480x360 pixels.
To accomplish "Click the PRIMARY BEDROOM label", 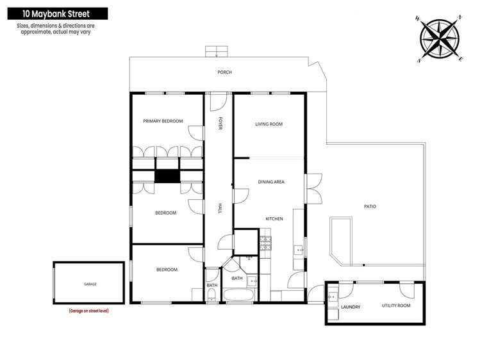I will coord(163,121).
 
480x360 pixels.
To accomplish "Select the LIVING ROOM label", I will coord(269,124).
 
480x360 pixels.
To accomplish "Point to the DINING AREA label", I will coord(271,182).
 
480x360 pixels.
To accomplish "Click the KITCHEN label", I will coord(274,219).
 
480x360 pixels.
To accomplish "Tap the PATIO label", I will coord(370,206).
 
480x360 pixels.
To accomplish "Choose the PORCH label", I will coord(224,72).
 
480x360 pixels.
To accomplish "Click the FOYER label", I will coord(220,124).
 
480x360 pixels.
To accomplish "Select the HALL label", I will coord(220,208).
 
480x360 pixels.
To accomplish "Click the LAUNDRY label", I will coord(351,307).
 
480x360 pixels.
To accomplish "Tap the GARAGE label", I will coord(90,284).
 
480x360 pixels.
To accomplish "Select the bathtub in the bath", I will coord(239,296).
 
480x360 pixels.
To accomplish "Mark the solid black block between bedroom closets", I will coord(167,176).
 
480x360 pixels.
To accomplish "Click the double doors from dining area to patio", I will coord(312,188).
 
